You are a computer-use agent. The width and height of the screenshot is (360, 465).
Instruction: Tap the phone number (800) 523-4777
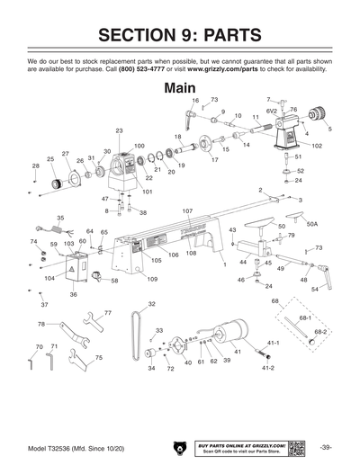(148, 67)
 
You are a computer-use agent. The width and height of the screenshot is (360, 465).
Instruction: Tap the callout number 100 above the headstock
(139, 146)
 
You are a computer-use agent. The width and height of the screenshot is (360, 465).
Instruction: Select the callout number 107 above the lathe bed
(187, 211)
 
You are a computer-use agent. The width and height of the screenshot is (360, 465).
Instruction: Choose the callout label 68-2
(319, 332)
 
